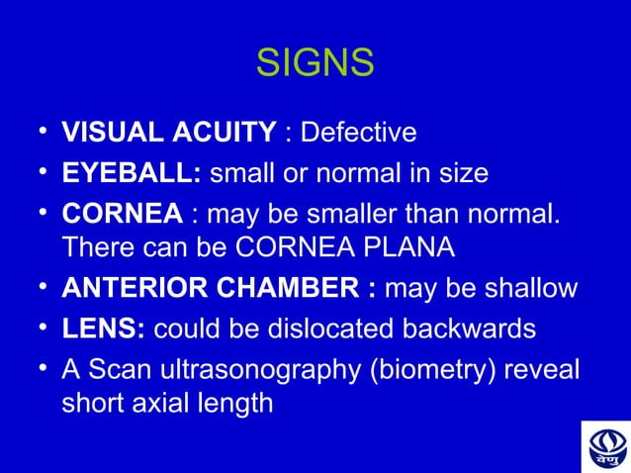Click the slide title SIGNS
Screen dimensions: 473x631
click(315, 64)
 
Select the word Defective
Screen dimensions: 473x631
click(358, 133)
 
